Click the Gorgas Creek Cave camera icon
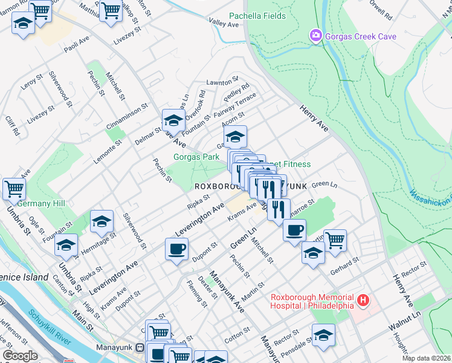(x=315, y=36)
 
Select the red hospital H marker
(x=363, y=299)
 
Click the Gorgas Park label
(x=196, y=157)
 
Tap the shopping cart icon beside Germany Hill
(x=13, y=188)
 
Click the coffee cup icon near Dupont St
(x=176, y=248)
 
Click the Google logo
(x=20, y=356)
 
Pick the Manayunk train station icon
(x=140, y=348)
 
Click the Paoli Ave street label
(x=76, y=47)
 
